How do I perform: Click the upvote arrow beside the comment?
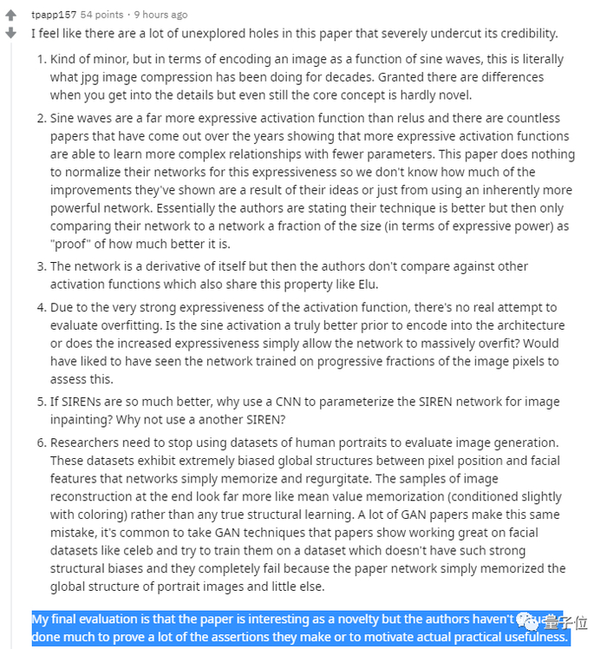[x=11, y=16]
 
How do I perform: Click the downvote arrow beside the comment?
[x=11, y=33]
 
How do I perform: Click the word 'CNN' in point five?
[x=295, y=403]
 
